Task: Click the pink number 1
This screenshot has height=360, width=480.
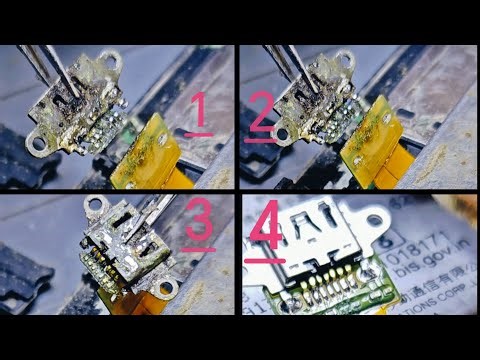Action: [199, 112]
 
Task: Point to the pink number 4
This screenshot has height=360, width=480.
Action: [262, 235]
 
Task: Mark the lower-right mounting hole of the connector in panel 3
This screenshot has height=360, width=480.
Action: [164, 289]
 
